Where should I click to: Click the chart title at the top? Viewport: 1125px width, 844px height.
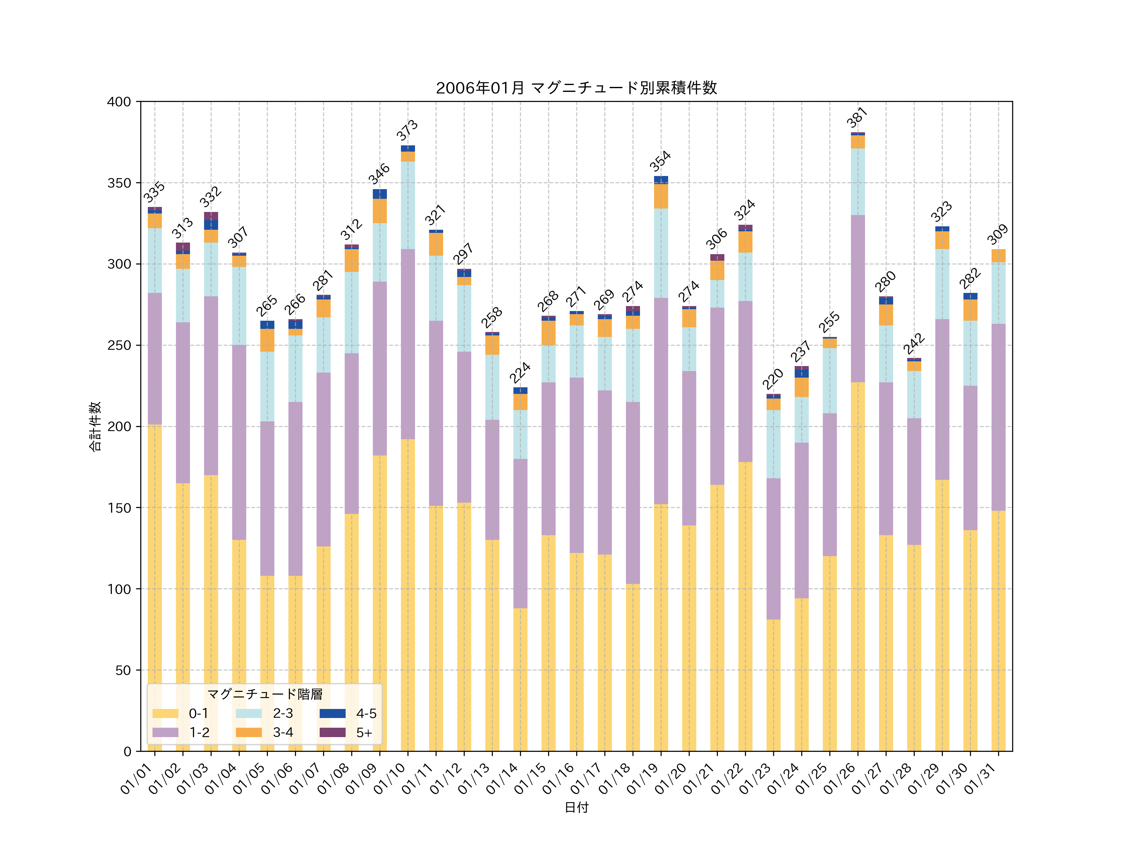pyautogui.click(x=576, y=88)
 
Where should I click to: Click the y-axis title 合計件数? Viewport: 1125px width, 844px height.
pyautogui.click(x=95, y=426)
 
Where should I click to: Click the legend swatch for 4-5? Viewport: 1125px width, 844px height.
pyautogui.click(x=332, y=713)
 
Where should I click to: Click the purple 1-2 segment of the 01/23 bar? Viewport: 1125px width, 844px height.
pyautogui.click(x=773, y=548)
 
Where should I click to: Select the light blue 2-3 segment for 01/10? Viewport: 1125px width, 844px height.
pyautogui.click(x=407, y=205)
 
